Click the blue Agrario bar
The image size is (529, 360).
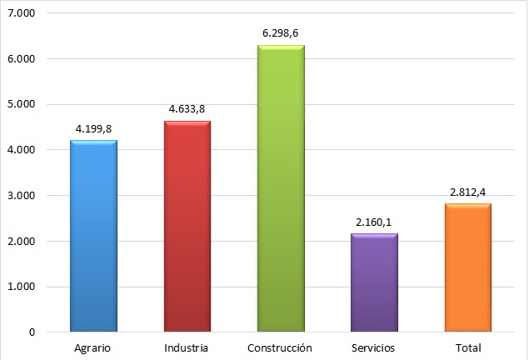(x=93, y=237)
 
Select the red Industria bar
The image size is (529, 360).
(x=187, y=227)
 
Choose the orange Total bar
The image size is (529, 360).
(x=467, y=267)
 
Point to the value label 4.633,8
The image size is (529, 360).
(x=187, y=110)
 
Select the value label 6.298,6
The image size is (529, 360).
(x=281, y=34)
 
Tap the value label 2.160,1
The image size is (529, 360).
(x=374, y=222)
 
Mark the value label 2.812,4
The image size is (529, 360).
(x=467, y=192)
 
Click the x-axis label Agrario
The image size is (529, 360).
(x=93, y=347)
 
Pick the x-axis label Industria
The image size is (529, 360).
(x=187, y=347)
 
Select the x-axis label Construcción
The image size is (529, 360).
(x=281, y=347)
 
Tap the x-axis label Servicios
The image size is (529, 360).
(x=374, y=347)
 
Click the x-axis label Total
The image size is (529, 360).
(x=467, y=347)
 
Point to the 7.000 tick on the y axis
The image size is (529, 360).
(x=22, y=14)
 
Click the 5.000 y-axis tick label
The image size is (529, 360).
(x=22, y=105)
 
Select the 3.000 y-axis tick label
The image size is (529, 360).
(x=22, y=196)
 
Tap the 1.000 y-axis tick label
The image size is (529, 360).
(x=22, y=287)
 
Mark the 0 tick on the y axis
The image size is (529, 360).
(x=32, y=332)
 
